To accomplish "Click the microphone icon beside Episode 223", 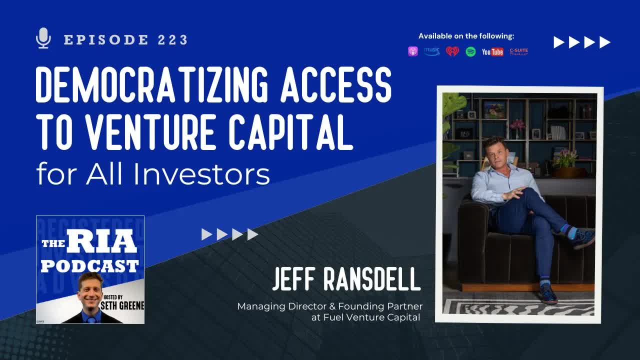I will coord(44,38).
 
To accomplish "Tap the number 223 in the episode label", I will coord(172,40).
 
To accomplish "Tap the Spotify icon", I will coord(470,51).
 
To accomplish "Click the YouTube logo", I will coord(492,52).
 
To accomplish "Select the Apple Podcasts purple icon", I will coord(413,51).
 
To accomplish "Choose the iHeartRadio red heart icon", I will coord(452,51).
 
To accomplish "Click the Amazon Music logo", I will coord(432,51).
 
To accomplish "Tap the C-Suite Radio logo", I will coord(519,51).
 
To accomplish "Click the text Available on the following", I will coord(466,36).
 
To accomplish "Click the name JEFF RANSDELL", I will coord(346,280).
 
